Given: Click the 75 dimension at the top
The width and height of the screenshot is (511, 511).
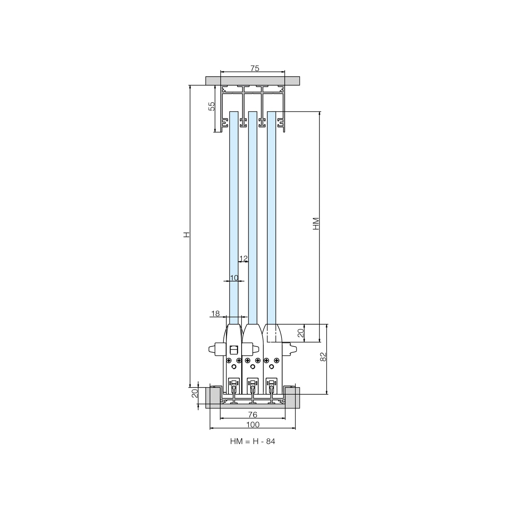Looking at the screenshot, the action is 255,68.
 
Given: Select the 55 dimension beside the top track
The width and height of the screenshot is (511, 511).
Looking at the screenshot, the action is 211,106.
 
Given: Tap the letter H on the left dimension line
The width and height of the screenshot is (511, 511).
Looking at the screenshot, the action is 187,234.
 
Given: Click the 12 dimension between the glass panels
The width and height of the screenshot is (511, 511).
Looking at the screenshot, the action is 243,258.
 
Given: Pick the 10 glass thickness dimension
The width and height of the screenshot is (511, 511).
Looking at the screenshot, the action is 234,278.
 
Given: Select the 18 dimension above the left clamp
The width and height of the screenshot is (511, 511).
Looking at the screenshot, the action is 215,314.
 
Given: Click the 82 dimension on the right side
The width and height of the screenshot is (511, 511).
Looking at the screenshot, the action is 323,357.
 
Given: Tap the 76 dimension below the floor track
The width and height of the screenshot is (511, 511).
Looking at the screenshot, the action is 253,414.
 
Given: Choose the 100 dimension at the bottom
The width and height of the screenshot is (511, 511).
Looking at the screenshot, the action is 253,425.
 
